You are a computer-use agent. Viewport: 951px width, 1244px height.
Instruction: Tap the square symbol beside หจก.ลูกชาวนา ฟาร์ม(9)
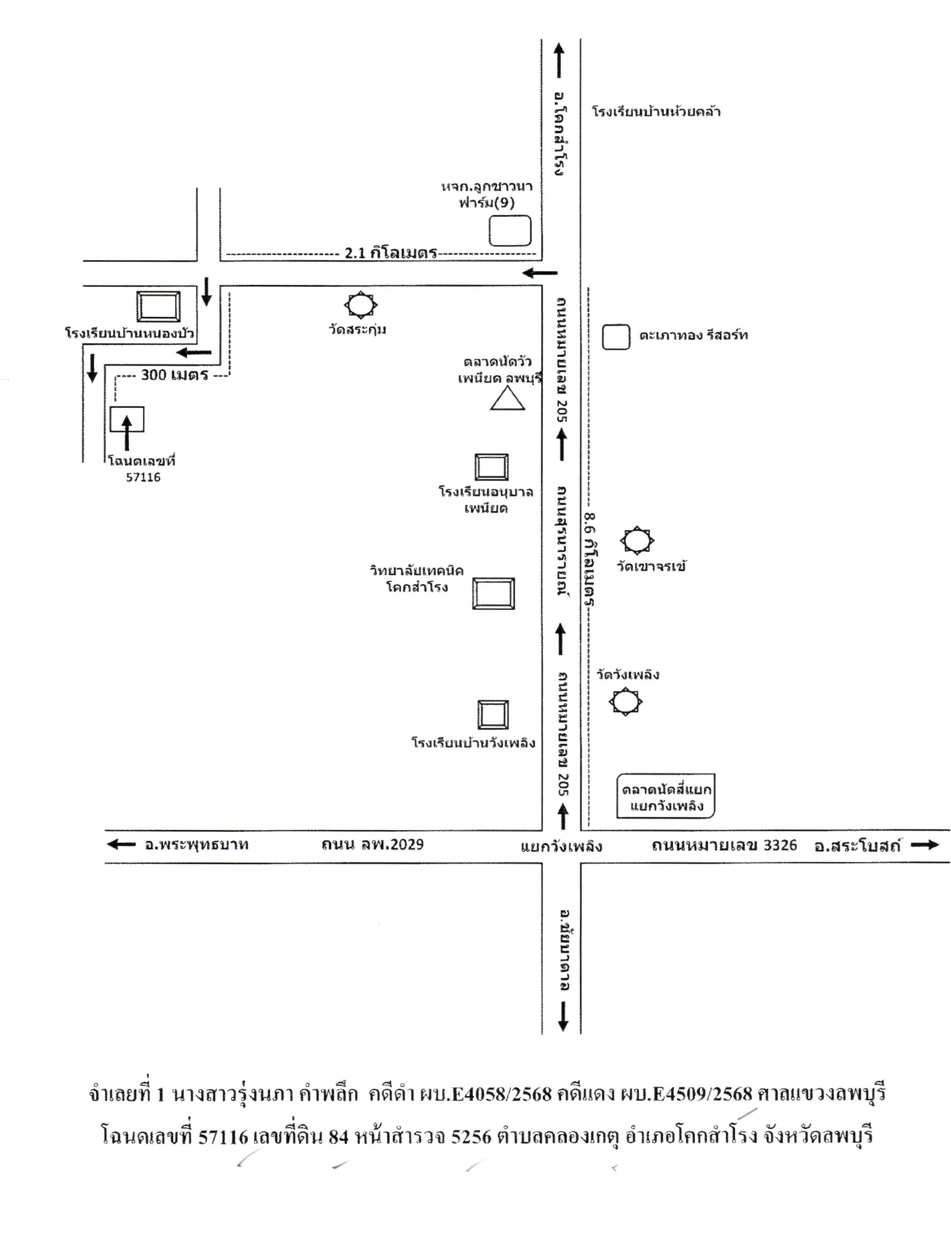(x=510, y=231)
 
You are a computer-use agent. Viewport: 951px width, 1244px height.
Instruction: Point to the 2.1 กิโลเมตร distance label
(x=391, y=253)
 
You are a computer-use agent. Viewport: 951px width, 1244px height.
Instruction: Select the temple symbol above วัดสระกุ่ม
(x=361, y=305)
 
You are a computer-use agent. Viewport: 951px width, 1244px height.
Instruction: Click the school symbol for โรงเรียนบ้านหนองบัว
(x=158, y=306)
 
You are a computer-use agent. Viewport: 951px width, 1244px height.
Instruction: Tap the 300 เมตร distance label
(x=175, y=375)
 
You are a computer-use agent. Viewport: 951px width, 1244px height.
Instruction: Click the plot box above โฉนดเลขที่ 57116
(x=127, y=419)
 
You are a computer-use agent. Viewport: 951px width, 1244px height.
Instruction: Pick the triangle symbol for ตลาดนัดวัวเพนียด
(x=507, y=398)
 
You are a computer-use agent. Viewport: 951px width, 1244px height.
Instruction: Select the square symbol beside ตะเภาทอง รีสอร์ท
(x=616, y=337)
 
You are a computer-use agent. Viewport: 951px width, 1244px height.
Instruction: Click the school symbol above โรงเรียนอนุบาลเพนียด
(x=492, y=467)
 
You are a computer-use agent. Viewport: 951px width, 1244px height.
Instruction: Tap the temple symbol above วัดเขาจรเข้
(x=637, y=540)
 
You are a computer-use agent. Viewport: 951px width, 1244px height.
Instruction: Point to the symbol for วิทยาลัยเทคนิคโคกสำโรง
(x=494, y=593)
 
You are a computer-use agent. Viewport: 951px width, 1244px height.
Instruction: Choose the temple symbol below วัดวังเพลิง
(x=626, y=702)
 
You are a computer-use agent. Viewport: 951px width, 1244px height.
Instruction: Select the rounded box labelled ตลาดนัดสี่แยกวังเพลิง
(x=666, y=796)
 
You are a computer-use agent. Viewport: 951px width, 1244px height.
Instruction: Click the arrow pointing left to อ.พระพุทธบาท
(x=121, y=845)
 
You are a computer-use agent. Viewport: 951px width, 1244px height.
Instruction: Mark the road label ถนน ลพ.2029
(x=372, y=845)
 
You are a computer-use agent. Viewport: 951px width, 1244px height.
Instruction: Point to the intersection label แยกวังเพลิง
(x=561, y=847)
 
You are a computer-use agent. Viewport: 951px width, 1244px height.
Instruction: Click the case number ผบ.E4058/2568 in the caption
(x=485, y=1094)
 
